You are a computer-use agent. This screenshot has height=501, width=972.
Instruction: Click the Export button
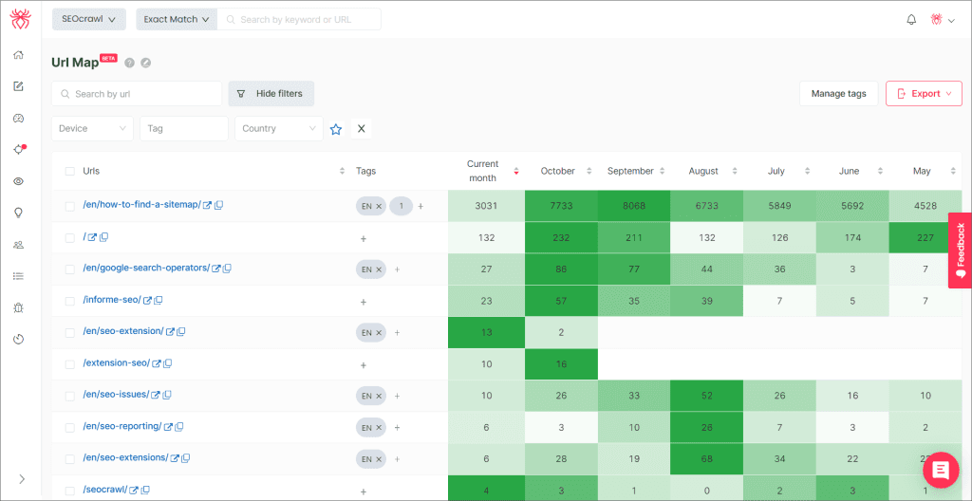click(x=924, y=94)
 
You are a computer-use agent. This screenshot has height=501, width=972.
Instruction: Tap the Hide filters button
click(x=271, y=94)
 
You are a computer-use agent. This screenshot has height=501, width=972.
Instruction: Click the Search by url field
click(x=137, y=94)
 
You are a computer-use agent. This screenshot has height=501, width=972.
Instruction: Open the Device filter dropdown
click(x=92, y=128)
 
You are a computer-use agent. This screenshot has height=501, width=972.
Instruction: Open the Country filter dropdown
click(x=279, y=128)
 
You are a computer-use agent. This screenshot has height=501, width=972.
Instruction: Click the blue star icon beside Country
click(x=336, y=129)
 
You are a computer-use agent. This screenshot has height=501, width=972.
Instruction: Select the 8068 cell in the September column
click(x=634, y=206)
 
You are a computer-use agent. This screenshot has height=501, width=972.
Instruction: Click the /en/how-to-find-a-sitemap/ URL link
click(x=142, y=205)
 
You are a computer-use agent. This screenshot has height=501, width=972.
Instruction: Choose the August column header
click(x=703, y=171)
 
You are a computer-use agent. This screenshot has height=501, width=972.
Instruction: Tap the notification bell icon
click(x=911, y=19)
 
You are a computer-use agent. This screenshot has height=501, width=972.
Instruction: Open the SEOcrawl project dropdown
click(x=88, y=19)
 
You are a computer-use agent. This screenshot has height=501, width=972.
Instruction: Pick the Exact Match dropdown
click(x=177, y=19)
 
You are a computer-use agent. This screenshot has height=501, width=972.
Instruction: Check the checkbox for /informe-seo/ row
click(x=70, y=302)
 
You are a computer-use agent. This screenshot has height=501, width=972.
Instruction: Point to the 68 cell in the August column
click(x=706, y=459)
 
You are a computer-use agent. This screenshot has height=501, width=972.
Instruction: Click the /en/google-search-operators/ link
click(x=146, y=269)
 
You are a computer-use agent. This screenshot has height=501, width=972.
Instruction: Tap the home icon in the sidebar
click(x=19, y=55)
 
